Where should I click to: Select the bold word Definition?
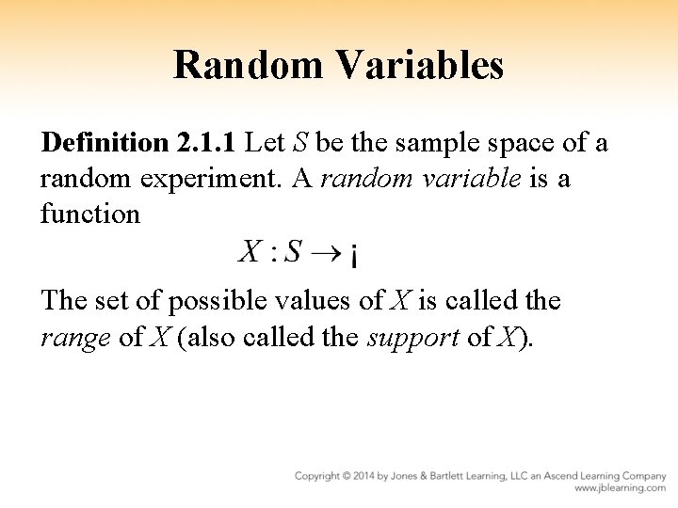[x=102, y=144]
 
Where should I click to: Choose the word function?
[x=90, y=214]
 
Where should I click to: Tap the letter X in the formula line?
[x=250, y=251]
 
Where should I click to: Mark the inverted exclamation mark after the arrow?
[x=352, y=255]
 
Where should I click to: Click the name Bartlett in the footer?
[x=470, y=476]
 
